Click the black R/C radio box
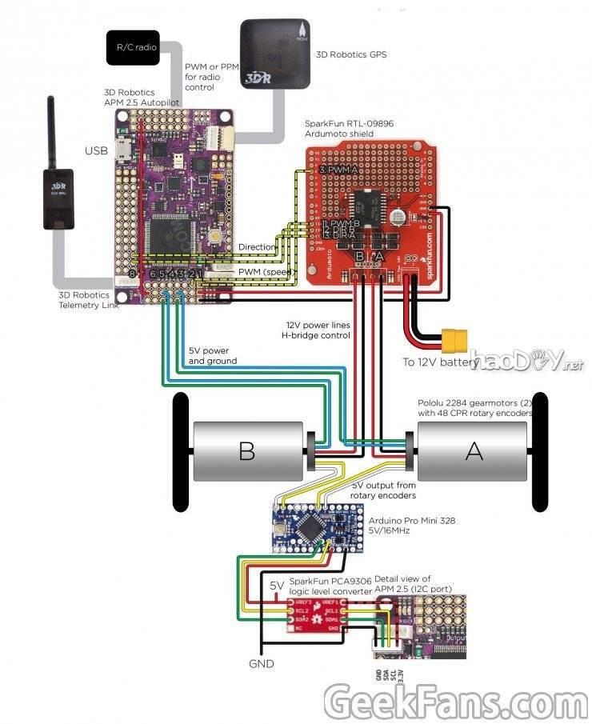coord(132,48)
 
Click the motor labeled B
coord(247,451)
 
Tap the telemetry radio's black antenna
coord(50,132)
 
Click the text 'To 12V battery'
coord(440,362)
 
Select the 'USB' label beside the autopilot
coord(97,150)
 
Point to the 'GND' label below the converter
coord(261,664)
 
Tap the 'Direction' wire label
coord(256,248)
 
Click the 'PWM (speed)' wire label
coord(265,273)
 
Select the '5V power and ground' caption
coord(212,356)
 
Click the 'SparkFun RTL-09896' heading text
coord(349,124)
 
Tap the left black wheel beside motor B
coord(180,452)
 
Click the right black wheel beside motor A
coord(540,452)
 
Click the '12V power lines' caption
coord(318,326)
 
